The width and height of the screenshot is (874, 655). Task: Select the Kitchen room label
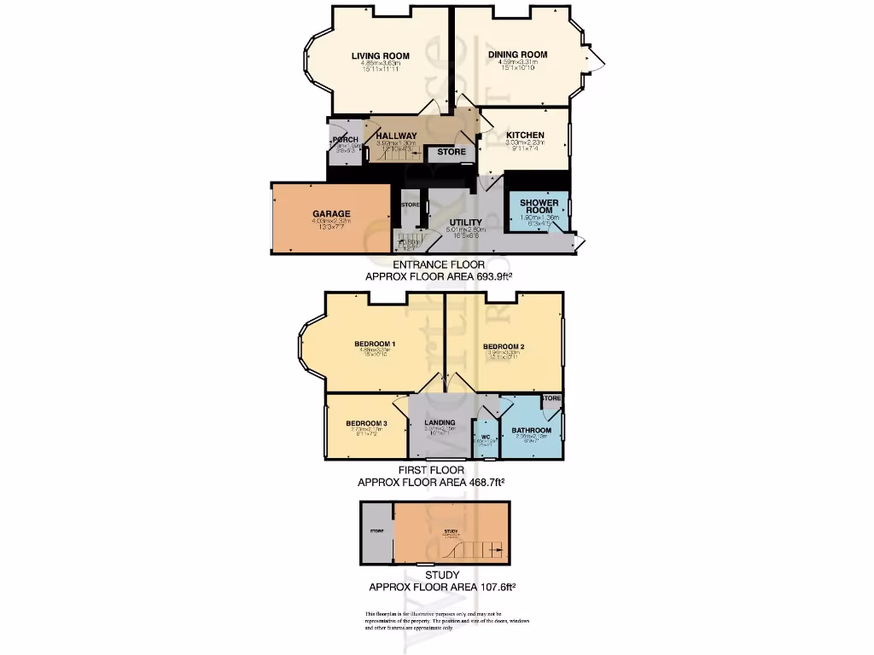pos(525,136)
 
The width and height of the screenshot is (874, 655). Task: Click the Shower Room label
pos(539,207)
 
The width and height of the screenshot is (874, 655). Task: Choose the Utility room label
pos(466,223)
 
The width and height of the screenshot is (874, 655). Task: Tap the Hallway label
pos(397,136)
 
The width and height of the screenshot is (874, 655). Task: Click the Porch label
pos(346,140)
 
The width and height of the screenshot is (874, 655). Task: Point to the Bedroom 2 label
pos(503,346)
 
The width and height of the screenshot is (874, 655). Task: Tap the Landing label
pos(440,423)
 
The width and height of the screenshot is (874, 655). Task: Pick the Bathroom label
pos(531,431)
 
